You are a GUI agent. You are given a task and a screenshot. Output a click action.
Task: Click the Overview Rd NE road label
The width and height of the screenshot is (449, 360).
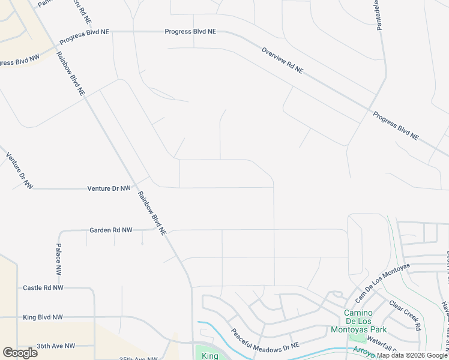(x=282, y=61)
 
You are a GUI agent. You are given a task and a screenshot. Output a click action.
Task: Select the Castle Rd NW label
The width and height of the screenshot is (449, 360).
(x=43, y=288)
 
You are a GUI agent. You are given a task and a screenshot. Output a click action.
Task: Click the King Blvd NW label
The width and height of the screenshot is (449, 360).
(x=42, y=317)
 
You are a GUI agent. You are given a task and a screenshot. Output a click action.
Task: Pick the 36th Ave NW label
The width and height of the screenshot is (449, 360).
(x=55, y=346)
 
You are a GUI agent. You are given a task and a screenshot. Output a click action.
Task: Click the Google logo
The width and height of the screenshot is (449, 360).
(x=20, y=353)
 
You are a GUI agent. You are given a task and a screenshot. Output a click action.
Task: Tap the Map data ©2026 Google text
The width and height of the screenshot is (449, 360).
(x=412, y=355)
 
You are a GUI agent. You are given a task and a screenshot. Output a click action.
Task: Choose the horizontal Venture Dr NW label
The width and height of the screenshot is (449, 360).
(x=109, y=188)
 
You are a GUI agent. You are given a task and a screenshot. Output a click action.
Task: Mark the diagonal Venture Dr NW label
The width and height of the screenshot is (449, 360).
(x=19, y=171)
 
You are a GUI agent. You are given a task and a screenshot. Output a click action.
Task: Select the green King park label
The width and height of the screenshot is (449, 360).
(x=210, y=355)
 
